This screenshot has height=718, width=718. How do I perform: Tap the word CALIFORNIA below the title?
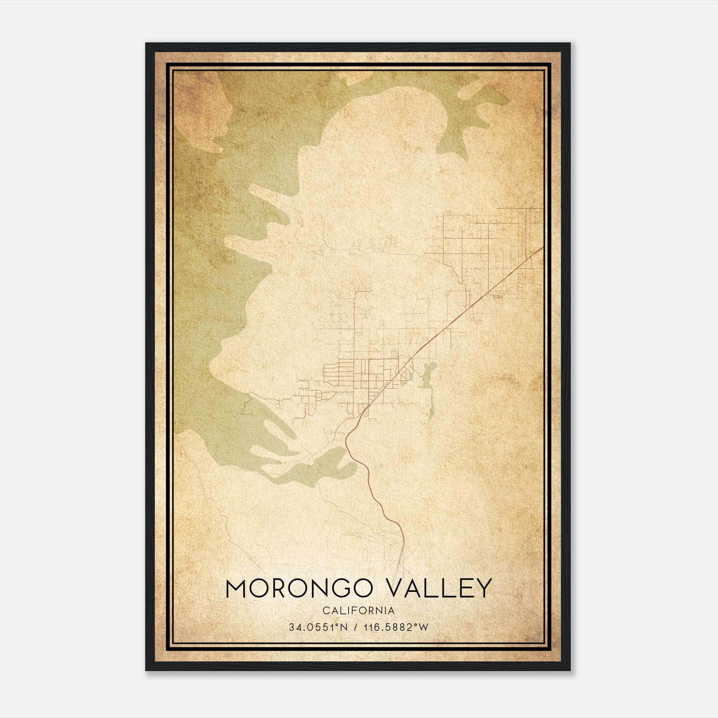point(359,610)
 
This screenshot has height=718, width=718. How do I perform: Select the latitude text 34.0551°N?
point(318,627)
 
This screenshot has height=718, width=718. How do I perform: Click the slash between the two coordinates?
point(356,627)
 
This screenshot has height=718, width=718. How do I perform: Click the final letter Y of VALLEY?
point(484,588)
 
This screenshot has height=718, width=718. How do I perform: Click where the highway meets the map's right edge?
point(543,248)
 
